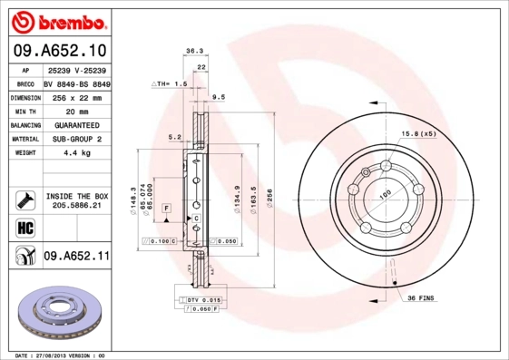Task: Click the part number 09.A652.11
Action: [x=77, y=258]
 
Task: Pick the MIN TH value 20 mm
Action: [x=76, y=110]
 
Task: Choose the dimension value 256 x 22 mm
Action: [x=76, y=96]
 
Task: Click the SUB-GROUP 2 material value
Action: [x=76, y=139]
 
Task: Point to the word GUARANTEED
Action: [x=76, y=124]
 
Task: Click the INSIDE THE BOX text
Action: [x=77, y=196]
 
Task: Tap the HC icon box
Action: [x=24, y=227]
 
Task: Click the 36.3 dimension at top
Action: [x=193, y=52]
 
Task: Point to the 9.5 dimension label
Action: [x=218, y=96]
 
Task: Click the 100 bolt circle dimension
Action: [x=385, y=194]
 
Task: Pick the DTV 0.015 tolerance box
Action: [x=203, y=299]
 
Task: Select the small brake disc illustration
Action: [x=62, y=313]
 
